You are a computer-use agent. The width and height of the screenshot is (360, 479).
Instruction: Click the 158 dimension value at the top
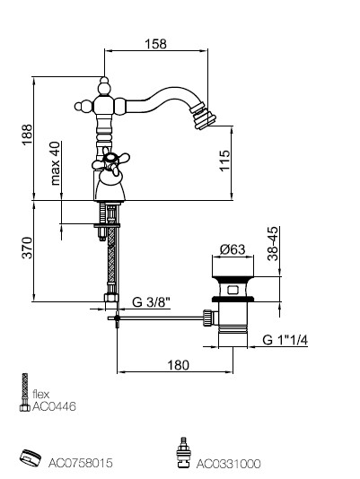click(x=155, y=44)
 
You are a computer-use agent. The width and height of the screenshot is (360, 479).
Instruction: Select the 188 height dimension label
click(x=27, y=135)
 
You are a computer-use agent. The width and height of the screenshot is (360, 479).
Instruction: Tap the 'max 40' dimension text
click(x=56, y=163)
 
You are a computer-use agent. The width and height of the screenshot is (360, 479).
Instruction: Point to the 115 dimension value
click(x=224, y=161)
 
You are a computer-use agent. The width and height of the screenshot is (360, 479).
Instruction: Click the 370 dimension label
click(x=27, y=248)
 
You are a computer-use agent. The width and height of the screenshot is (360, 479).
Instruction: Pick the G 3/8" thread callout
click(x=151, y=302)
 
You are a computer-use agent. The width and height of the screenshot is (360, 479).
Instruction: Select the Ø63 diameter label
click(x=233, y=249)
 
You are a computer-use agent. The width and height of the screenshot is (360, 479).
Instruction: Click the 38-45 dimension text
click(x=273, y=243)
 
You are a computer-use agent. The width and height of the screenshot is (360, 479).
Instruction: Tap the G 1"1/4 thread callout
click(x=285, y=340)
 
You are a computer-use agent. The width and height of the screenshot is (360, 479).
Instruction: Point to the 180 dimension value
click(x=179, y=365)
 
